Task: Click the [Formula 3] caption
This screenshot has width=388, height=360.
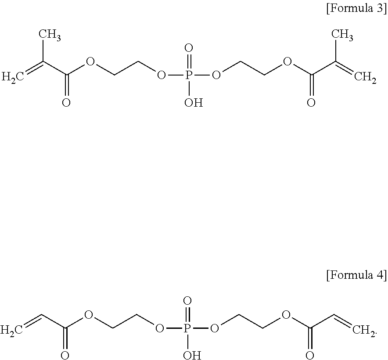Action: click(x=356, y=9)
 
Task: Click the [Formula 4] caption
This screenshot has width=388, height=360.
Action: click(x=356, y=276)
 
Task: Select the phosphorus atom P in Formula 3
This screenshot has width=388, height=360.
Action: click(x=189, y=76)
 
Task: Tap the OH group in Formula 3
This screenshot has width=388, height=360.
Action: click(x=194, y=103)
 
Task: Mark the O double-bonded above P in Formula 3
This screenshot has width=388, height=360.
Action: click(x=189, y=47)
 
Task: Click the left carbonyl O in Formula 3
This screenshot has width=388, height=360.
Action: click(x=66, y=103)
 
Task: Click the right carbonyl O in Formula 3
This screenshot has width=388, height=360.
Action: click(x=311, y=103)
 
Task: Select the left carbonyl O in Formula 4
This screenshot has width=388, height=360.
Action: click(x=65, y=355)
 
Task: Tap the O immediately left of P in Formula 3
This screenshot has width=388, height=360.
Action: click(x=161, y=76)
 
